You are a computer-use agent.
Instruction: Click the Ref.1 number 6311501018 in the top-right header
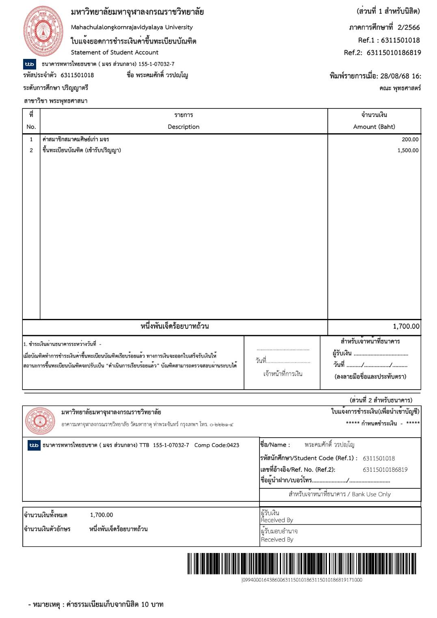pyautogui.click(x=400, y=40)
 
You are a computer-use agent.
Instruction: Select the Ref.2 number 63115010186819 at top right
pyautogui.click(x=394, y=52)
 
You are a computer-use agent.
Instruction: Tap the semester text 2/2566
pyautogui.click(x=409, y=28)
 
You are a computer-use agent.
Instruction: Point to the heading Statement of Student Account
pyautogui.click(x=115, y=52)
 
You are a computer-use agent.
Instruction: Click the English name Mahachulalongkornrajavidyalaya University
pyautogui.click(x=132, y=27)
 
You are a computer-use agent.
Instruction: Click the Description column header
pyautogui.click(x=184, y=127)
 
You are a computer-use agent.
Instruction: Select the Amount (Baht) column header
pyautogui.click(x=374, y=127)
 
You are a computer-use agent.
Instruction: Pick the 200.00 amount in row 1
pyautogui.click(x=410, y=139)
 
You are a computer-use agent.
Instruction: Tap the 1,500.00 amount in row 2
pyautogui.click(x=408, y=150)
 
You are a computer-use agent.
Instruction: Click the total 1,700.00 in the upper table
pyautogui.click(x=406, y=326)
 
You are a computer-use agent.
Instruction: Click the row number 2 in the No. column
pyautogui.click(x=31, y=150)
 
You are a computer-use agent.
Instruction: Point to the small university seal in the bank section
pyautogui.click(x=40, y=421)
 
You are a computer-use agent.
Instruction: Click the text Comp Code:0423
pyautogui.click(x=216, y=445)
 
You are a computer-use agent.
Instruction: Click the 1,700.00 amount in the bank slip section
pyautogui.click(x=102, y=515)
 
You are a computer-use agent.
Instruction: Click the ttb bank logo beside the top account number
pyautogui.click(x=30, y=64)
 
